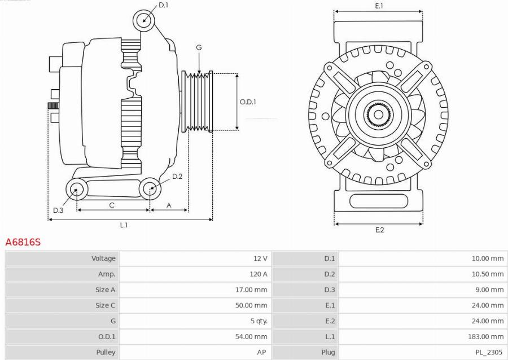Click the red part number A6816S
23,242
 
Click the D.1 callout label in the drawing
163,5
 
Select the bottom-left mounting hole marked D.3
76,190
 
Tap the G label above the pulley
199,48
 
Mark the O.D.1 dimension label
248,102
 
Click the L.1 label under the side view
124,225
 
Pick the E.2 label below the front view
379,230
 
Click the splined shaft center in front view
378,115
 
